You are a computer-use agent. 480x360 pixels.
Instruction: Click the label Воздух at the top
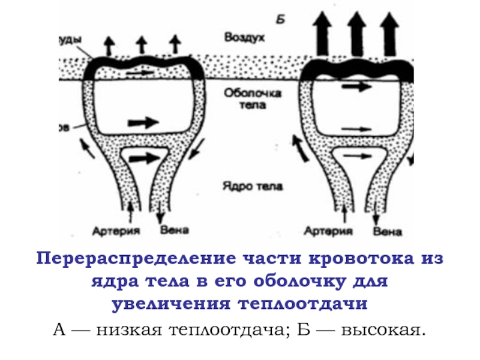[245, 37]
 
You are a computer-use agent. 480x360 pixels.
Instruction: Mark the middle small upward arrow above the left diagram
[142, 44]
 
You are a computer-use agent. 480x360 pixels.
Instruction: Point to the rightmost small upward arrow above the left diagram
[175, 44]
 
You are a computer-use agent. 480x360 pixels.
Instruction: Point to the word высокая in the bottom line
[381, 329]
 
